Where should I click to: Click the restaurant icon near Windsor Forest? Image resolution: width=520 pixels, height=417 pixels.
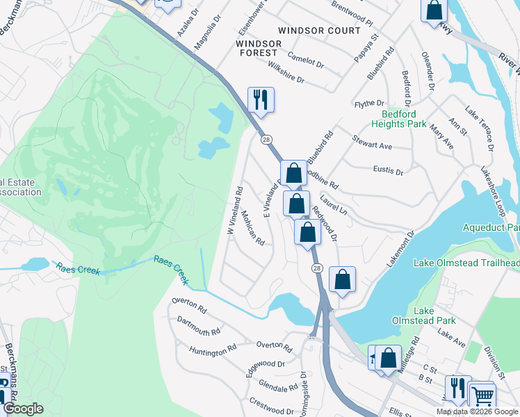261,99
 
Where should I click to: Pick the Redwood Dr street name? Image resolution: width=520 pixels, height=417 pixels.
325,223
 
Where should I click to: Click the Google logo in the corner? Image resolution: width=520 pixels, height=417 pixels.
23,409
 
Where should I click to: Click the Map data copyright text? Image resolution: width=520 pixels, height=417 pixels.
477,411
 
